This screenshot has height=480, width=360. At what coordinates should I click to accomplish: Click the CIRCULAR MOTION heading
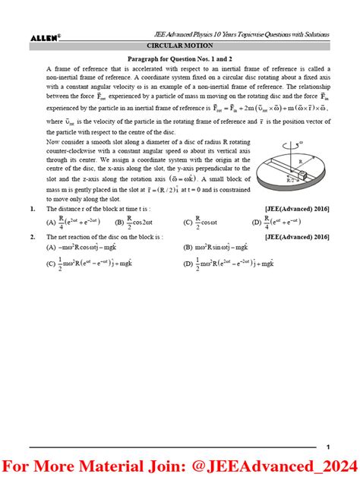pyautogui.click(x=179, y=46)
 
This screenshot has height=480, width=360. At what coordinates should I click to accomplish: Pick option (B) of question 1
pyautogui.click(x=134, y=223)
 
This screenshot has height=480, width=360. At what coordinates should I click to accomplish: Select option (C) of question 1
pyautogui.click(x=201, y=223)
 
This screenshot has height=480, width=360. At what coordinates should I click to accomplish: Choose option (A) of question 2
pyautogui.click(x=84, y=248)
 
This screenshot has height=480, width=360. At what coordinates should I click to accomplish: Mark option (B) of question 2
pyautogui.click(x=219, y=248)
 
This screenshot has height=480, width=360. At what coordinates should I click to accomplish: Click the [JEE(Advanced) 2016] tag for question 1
pyautogui.click(x=297, y=208)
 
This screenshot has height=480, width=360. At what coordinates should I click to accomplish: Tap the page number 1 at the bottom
pyautogui.click(x=327, y=447)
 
